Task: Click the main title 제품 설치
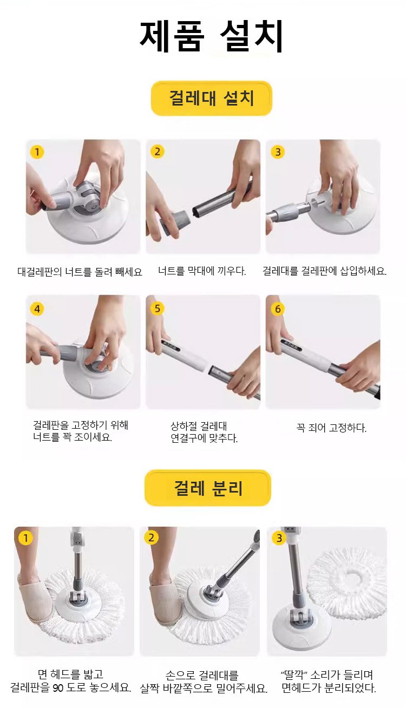[x=211, y=36]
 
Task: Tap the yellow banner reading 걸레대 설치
[x=211, y=99]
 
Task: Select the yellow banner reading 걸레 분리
[x=208, y=488]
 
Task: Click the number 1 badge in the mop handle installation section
[x=37, y=152]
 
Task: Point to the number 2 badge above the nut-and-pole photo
[x=157, y=152]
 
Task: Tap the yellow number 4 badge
[x=37, y=309]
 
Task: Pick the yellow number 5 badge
[x=157, y=308]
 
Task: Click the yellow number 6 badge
[x=278, y=309]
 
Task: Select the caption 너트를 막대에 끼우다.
[x=202, y=271]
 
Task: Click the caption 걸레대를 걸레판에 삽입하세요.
[x=324, y=271]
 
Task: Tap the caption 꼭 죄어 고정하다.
[x=331, y=428]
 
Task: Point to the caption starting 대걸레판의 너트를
[x=80, y=272]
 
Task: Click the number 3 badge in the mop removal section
[x=279, y=538]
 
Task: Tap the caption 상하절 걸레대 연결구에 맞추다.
[x=204, y=432]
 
